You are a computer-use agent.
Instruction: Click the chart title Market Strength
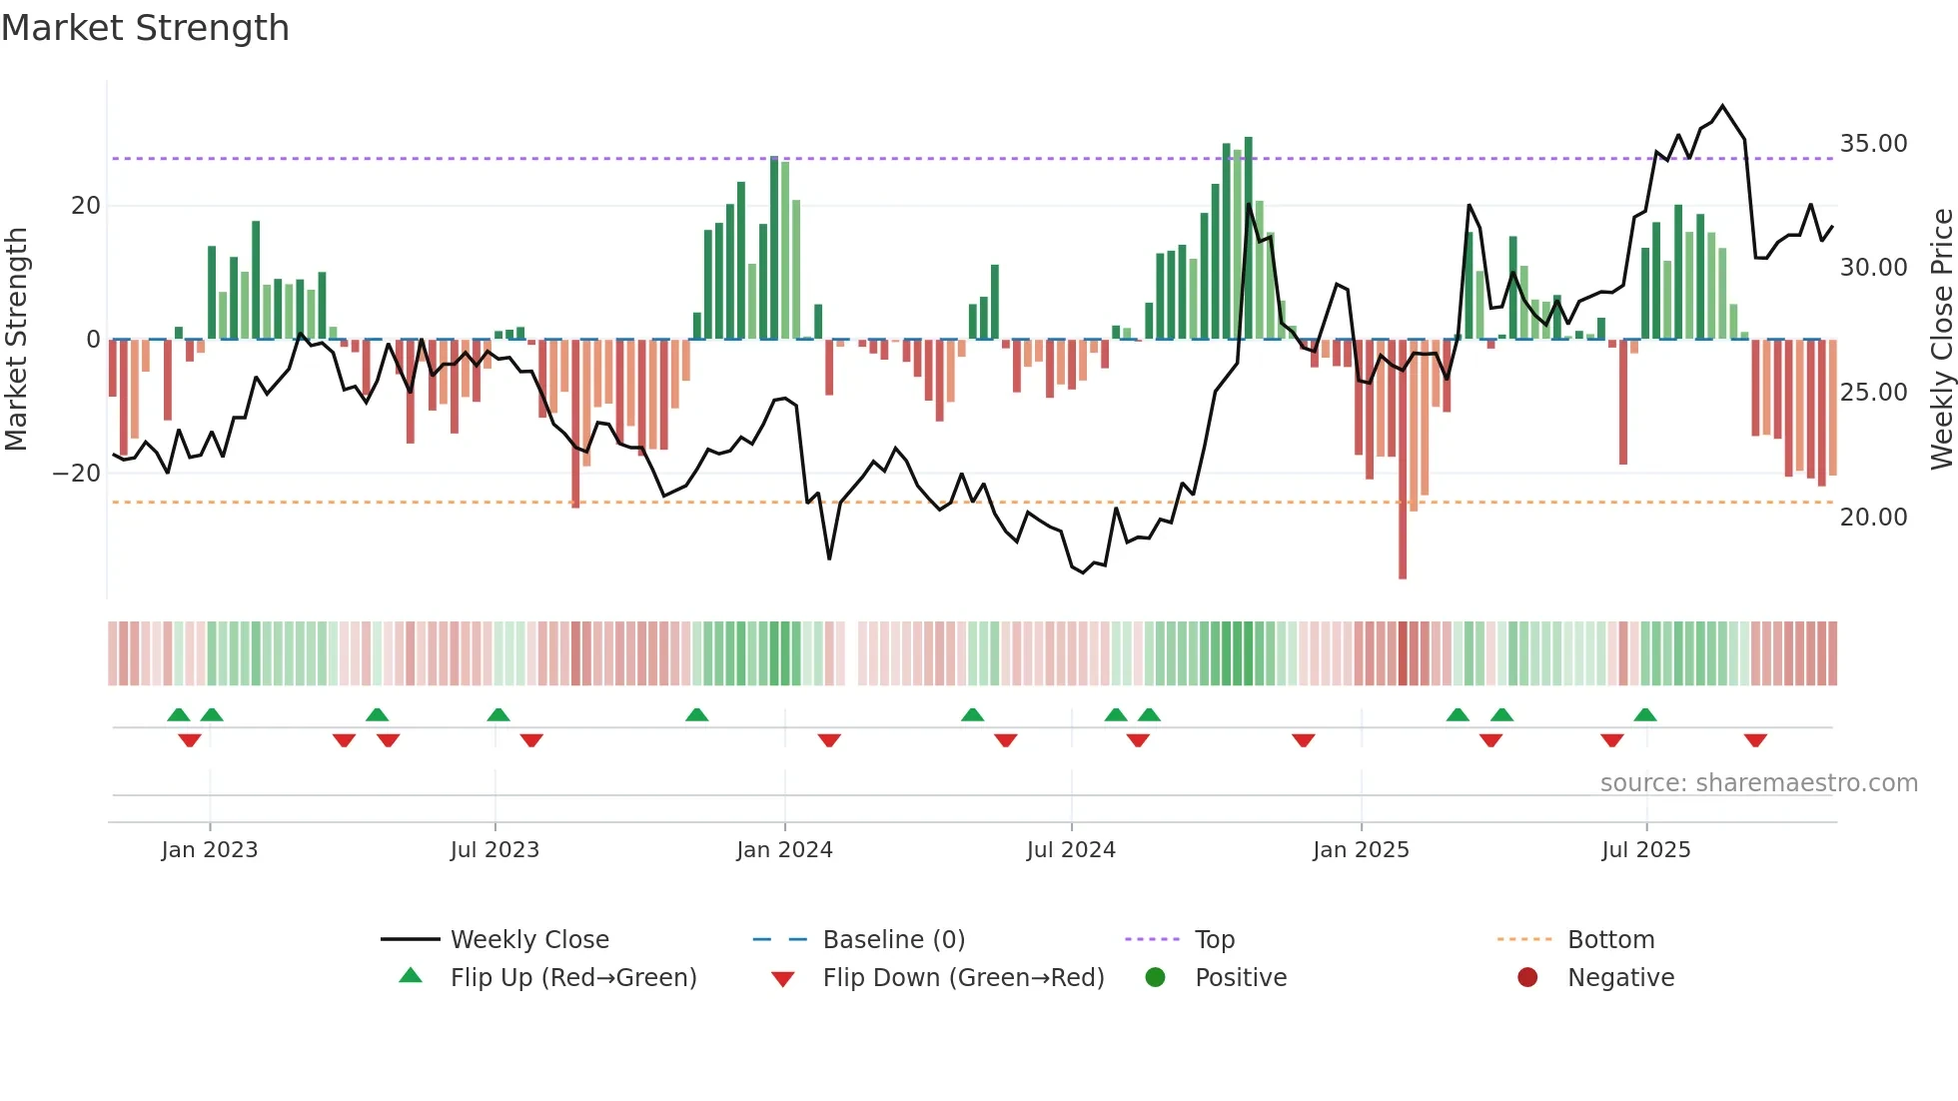click(x=145, y=28)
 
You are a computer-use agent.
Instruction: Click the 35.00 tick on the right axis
click(x=1873, y=144)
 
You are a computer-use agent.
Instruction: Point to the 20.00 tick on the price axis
click(x=1873, y=518)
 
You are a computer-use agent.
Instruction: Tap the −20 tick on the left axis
click(x=78, y=474)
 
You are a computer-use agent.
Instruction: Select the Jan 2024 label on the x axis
click(x=784, y=850)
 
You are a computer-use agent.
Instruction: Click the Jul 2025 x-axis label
click(x=1645, y=850)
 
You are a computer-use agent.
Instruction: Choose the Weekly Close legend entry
click(x=528, y=940)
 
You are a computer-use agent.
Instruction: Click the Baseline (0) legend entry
click(x=893, y=940)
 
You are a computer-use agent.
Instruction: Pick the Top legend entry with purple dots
click(x=1214, y=940)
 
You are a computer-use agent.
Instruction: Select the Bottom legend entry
click(x=1610, y=940)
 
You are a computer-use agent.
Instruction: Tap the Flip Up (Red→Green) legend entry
click(x=572, y=978)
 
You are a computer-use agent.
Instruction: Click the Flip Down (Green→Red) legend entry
click(x=963, y=978)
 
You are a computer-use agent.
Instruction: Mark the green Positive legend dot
click(x=1156, y=978)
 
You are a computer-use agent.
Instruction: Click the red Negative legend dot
click(x=1527, y=978)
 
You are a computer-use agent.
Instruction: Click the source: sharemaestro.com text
click(x=1758, y=783)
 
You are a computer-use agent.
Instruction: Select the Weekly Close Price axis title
click(x=1941, y=340)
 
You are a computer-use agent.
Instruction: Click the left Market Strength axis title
click(x=16, y=340)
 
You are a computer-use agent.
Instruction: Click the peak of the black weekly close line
click(x=1722, y=106)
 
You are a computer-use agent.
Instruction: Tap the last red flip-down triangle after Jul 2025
click(x=1755, y=740)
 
